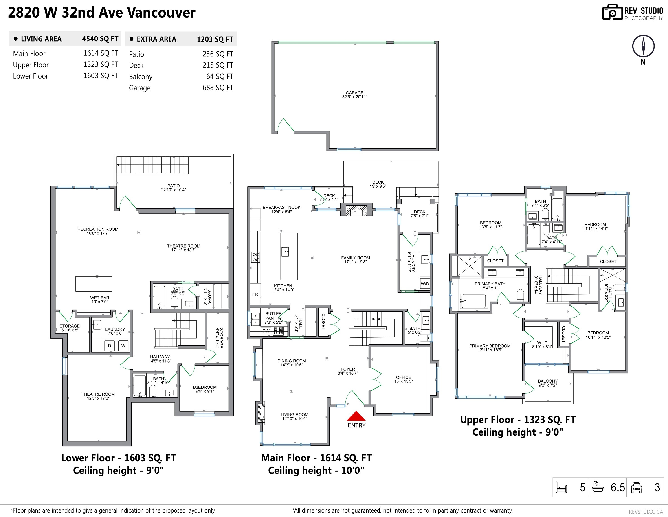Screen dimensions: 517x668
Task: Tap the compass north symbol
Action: pyautogui.click(x=643, y=46)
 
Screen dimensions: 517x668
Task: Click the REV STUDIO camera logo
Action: pyautogui.click(x=612, y=13)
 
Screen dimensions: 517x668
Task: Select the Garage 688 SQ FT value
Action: pyautogui.click(x=218, y=88)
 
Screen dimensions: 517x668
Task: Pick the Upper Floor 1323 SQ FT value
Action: pyautogui.click(x=101, y=64)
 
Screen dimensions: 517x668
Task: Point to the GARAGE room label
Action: pyautogui.click(x=354, y=93)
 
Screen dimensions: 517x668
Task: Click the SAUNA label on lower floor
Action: pyautogui.click(x=208, y=297)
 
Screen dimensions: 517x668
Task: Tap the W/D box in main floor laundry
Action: pyautogui.click(x=425, y=284)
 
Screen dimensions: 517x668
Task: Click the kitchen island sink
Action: pyautogui.click(x=285, y=252)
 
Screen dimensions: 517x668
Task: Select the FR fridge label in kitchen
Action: pyautogui.click(x=255, y=294)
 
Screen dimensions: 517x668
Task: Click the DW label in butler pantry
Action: pyautogui.click(x=266, y=331)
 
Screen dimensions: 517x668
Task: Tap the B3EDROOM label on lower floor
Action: pyautogui.click(x=205, y=387)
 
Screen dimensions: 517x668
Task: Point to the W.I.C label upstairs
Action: pyautogui.click(x=542, y=343)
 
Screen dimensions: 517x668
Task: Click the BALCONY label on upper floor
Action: pyautogui.click(x=547, y=381)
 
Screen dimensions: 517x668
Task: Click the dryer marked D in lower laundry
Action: pyautogui.click(x=110, y=346)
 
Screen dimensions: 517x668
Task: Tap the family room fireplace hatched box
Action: pyautogui.click(x=356, y=210)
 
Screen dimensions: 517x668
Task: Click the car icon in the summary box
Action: pyautogui.click(x=636, y=487)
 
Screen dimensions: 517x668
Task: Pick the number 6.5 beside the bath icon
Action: pyautogui.click(x=617, y=487)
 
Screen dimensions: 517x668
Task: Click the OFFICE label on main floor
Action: pyautogui.click(x=403, y=377)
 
